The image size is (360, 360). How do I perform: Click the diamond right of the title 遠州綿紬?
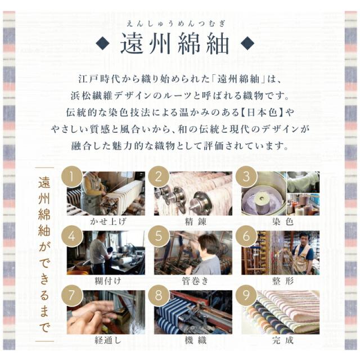tap(247, 43)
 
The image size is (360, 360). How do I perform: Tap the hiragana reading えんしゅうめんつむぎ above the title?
tap(175, 24)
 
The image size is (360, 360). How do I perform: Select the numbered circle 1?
tap(72, 177)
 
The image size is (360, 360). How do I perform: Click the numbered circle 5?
tap(159, 236)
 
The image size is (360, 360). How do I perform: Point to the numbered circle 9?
tap(246, 295)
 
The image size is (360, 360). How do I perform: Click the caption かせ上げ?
tap(108, 221)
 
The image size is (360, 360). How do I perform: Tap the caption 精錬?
tap(195, 222)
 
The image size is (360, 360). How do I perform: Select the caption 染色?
tap(282, 222)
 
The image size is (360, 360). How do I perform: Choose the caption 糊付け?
tap(108, 281)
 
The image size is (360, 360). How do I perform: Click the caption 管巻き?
tap(195, 281)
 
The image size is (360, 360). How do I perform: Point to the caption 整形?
tap(283, 281)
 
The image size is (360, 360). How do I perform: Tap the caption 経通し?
tap(108, 340)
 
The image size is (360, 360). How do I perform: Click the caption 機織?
tap(195, 340)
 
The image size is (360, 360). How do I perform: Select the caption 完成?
tap(282, 340)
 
